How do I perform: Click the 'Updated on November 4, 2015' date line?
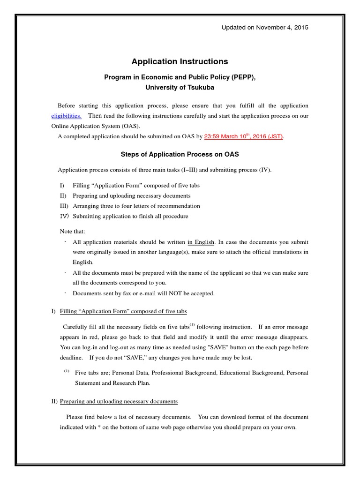pos(265,28)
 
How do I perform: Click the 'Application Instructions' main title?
pos(180,61)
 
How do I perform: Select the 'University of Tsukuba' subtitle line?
pos(180,87)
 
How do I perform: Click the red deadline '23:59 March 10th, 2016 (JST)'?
pos(244,137)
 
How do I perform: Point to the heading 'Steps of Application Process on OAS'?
pos(180,155)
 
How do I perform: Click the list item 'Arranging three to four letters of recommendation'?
pos(136,206)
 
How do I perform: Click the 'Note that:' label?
pos(73,232)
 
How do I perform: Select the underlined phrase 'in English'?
pos(201,242)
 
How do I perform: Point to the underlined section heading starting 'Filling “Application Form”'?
pos(124,311)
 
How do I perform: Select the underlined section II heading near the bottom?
pos(119,401)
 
